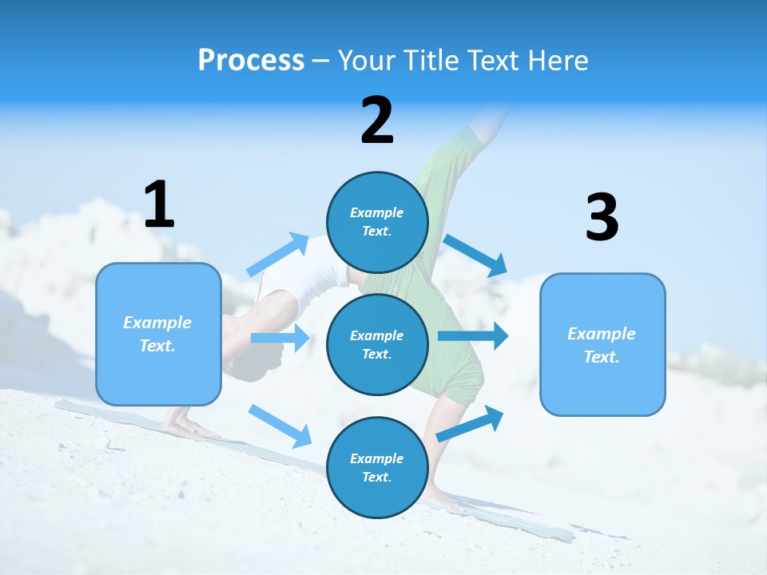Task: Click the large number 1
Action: (x=159, y=204)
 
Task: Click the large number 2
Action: (x=377, y=121)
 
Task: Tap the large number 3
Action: (x=602, y=217)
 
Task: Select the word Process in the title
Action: (x=251, y=60)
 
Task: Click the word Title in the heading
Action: (x=432, y=60)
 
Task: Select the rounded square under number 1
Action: (x=158, y=334)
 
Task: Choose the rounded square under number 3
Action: (x=602, y=344)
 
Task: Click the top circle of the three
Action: (x=377, y=222)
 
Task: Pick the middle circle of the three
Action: (x=377, y=344)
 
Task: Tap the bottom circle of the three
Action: (x=377, y=467)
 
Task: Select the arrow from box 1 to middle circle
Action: (x=280, y=338)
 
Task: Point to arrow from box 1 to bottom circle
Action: (x=280, y=426)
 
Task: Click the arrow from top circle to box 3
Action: (x=476, y=255)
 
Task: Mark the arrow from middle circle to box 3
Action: (x=473, y=335)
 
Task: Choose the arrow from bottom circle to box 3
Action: (x=471, y=423)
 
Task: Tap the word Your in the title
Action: (x=367, y=60)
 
